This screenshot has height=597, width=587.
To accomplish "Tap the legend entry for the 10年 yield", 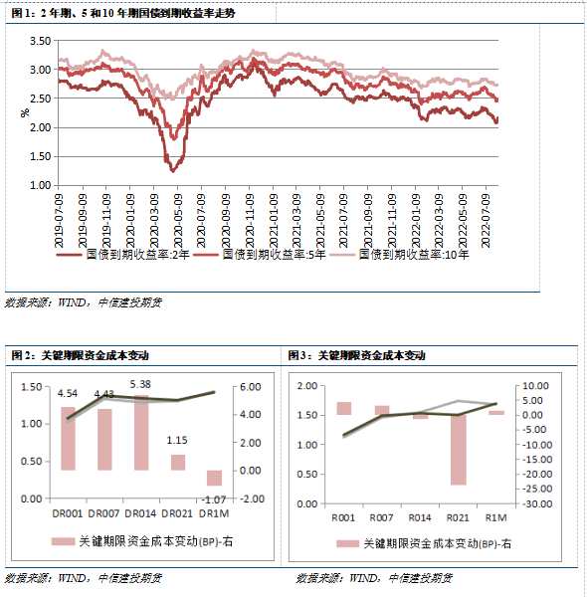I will [x=416, y=255].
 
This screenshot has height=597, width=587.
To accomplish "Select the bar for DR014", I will [x=139, y=432].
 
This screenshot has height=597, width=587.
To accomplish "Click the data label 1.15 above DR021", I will [x=177, y=441].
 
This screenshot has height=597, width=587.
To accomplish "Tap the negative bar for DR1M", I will [x=214, y=477].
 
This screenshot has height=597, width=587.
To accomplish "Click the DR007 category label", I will [x=104, y=515].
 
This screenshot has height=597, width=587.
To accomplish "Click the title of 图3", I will [x=356, y=355].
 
